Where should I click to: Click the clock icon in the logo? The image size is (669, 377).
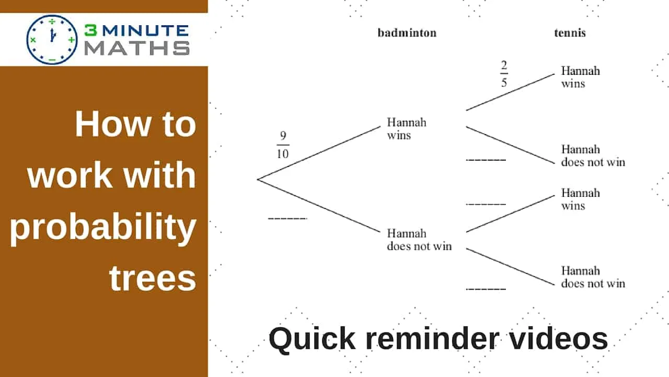[x=52, y=40]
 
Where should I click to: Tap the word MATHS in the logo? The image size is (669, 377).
[x=137, y=48]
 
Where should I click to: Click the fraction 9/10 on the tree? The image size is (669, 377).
[x=283, y=145]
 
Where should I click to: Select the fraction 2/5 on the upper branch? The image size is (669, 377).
[x=504, y=74]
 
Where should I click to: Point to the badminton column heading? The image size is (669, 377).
[x=407, y=33]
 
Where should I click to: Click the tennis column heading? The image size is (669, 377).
[x=570, y=33]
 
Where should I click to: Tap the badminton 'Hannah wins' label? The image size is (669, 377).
[x=406, y=129]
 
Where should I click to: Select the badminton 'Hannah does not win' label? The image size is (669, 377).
[x=419, y=240]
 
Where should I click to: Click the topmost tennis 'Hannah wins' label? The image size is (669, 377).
[x=580, y=77]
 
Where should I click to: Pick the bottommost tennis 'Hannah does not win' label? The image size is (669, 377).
[x=593, y=277]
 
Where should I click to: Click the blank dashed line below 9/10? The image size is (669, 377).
[x=287, y=218]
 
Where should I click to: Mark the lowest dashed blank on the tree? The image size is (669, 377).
[x=486, y=289]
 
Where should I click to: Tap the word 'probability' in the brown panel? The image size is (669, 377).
[x=103, y=228]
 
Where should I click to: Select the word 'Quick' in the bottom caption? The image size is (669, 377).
[x=304, y=339]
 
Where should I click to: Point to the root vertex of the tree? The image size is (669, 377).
[x=258, y=180]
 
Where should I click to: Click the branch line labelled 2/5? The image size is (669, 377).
[x=510, y=92]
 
